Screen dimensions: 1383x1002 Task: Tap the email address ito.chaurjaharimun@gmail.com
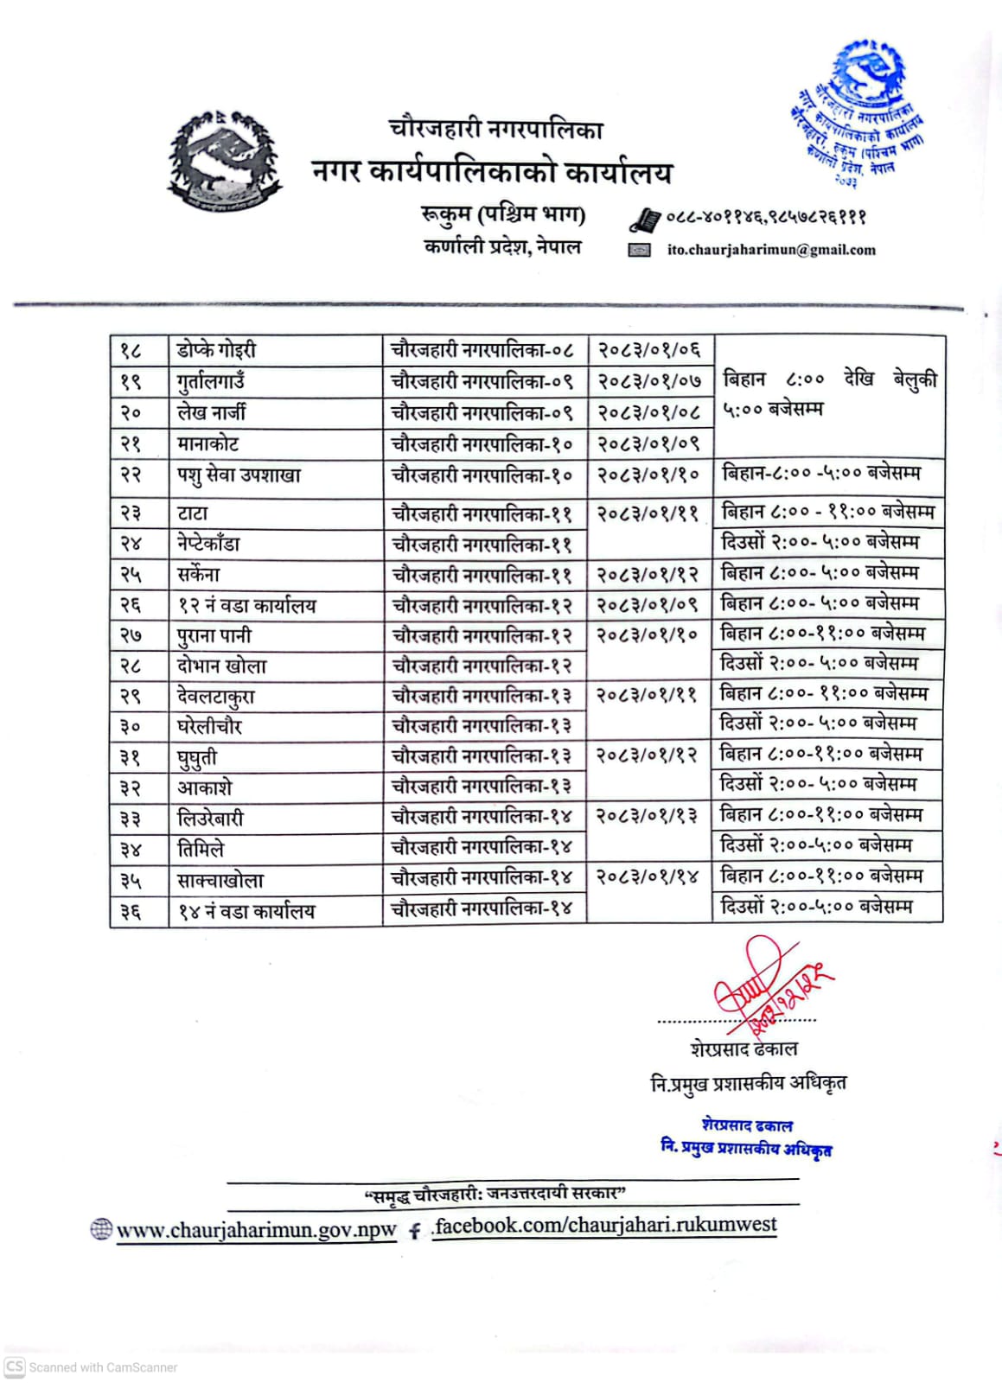(x=771, y=250)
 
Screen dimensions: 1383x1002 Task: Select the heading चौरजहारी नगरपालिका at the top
(x=495, y=129)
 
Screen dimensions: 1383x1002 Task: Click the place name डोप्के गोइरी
(x=216, y=350)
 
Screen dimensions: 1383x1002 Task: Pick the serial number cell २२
(x=131, y=475)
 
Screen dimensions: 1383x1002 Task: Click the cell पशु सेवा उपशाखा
(x=239, y=475)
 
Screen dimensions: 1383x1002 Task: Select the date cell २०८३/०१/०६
(x=649, y=350)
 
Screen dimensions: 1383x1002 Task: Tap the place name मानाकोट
(x=207, y=444)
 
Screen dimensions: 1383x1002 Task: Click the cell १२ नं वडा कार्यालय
(x=246, y=606)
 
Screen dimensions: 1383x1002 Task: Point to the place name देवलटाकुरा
(x=216, y=697)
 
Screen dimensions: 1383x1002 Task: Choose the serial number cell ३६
(x=131, y=911)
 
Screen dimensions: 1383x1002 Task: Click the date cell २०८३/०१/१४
(x=648, y=877)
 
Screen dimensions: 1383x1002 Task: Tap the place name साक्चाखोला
(x=220, y=881)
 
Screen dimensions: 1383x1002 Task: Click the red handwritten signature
(x=765, y=985)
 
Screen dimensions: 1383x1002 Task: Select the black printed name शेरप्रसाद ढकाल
(x=744, y=1049)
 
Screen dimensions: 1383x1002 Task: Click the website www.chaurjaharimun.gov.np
(x=256, y=1230)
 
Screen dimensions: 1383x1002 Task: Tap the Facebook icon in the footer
(x=415, y=1231)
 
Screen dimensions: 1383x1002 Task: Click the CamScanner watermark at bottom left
(x=92, y=1367)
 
